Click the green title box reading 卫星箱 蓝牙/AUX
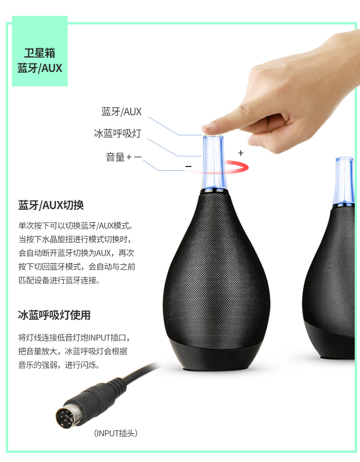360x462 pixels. point(40,51)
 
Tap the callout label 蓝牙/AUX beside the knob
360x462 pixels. point(121,112)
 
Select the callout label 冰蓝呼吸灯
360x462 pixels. point(118,133)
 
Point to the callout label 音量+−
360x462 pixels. point(124,157)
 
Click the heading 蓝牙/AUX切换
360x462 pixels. point(51,205)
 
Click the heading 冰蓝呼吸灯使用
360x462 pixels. point(54,315)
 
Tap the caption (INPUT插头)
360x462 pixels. point(116,433)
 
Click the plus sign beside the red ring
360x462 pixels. point(241,153)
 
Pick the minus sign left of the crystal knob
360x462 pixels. point(189,167)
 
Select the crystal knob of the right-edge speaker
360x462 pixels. point(344,181)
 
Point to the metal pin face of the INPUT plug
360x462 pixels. point(64,416)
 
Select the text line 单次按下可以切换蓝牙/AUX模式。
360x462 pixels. point(75,225)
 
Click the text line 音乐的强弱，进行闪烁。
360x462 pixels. point(59,365)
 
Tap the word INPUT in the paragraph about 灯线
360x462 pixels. point(99,337)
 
